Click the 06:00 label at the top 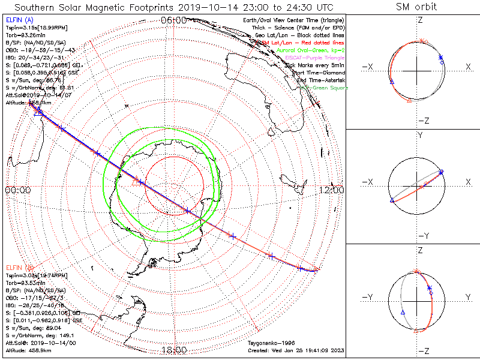pyautogui.click(x=173, y=20)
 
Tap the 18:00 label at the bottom pyautogui.click(x=173, y=350)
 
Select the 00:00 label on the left pyautogui.click(x=17, y=190)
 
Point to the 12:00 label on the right pyautogui.click(x=332, y=190)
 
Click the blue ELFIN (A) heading pyautogui.click(x=19, y=20)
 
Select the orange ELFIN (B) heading pyautogui.click(x=19, y=266)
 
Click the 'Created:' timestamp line pyautogui.click(x=296, y=350)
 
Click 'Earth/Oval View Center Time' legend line pyautogui.click(x=292, y=20)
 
